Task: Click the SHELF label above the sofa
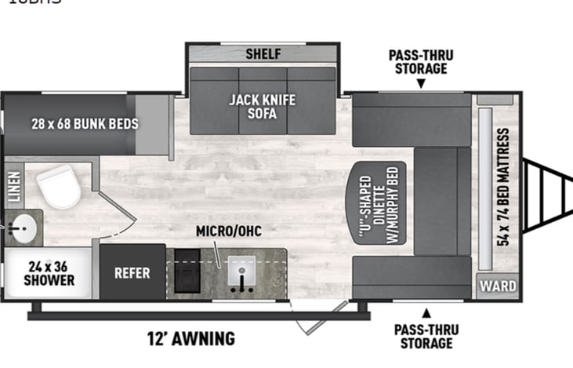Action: [263, 54]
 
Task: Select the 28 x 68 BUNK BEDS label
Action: [74, 123]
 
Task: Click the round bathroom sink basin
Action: [21, 228]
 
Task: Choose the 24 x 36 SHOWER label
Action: [49, 272]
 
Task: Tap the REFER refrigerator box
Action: [132, 272]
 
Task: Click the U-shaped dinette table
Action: [377, 202]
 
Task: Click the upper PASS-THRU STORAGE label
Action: [421, 61]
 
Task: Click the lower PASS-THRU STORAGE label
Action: [426, 336]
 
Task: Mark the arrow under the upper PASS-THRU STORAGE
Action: [421, 83]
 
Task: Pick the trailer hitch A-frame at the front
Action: [547, 195]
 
